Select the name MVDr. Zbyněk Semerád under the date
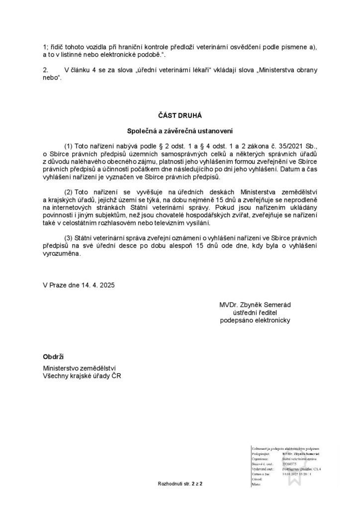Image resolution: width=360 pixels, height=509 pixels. [255, 304]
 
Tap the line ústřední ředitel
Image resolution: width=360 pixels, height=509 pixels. [255, 312]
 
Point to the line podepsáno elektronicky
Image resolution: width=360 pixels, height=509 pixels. [255, 320]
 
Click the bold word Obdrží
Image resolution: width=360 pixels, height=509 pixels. [54, 357]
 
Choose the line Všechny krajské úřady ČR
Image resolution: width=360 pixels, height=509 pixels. [83, 376]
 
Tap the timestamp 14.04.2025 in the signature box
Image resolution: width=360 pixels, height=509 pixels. [294, 474]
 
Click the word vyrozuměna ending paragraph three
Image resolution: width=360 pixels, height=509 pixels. [61, 253]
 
